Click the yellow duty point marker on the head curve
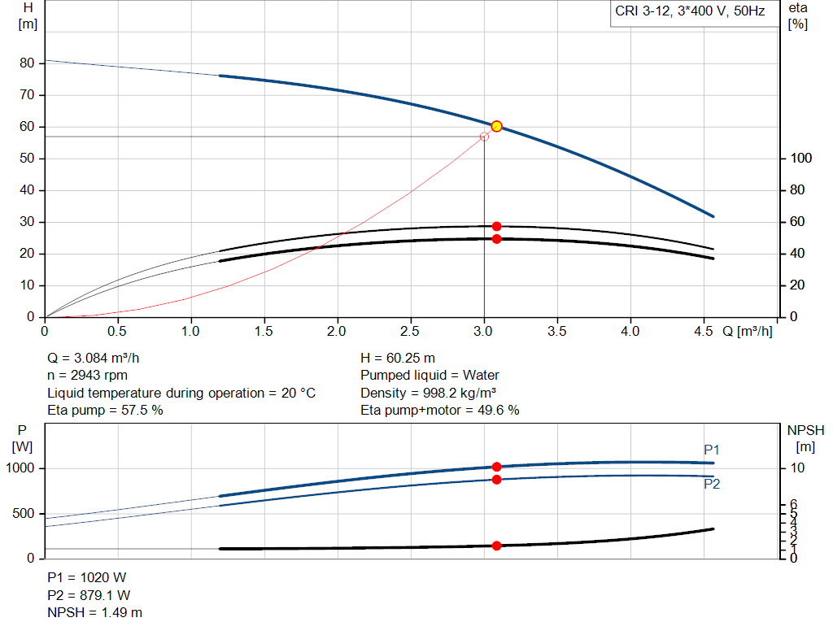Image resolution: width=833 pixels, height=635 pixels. pyautogui.click(x=496, y=126)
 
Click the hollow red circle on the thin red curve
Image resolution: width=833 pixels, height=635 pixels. pyautogui.click(x=485, y=137)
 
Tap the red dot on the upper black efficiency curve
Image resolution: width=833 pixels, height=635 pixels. pyautogui.click(x=496, y=226)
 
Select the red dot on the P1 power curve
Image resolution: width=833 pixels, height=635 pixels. pyautogui.click(x=496, y=467)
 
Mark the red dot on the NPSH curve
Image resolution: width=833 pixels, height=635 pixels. pyautogui.click(x=496, y=546)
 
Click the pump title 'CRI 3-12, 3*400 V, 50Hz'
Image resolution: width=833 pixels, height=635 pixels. pyautogui.click(x=690, y=13)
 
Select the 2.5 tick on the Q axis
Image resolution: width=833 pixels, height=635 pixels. pyautogui.click(x=411, y=332)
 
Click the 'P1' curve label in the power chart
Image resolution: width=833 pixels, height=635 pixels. pyautogui.click(x=712, y=450)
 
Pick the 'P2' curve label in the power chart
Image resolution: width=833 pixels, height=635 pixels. pyautogui.click(x=712, y=485)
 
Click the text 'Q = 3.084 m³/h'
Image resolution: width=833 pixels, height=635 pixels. pyautogui.click(x=99, y=358)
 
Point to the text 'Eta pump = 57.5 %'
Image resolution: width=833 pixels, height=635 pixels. pyautogui.click(x=106, y=411)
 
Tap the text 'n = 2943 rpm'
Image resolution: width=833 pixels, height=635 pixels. pyautogui.click(x=88, y=376)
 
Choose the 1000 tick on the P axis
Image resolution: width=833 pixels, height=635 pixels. pyautogui.click(x=21, y=468)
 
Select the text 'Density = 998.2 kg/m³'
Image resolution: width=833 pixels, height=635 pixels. pyautogui.click(x=429, y=393)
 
